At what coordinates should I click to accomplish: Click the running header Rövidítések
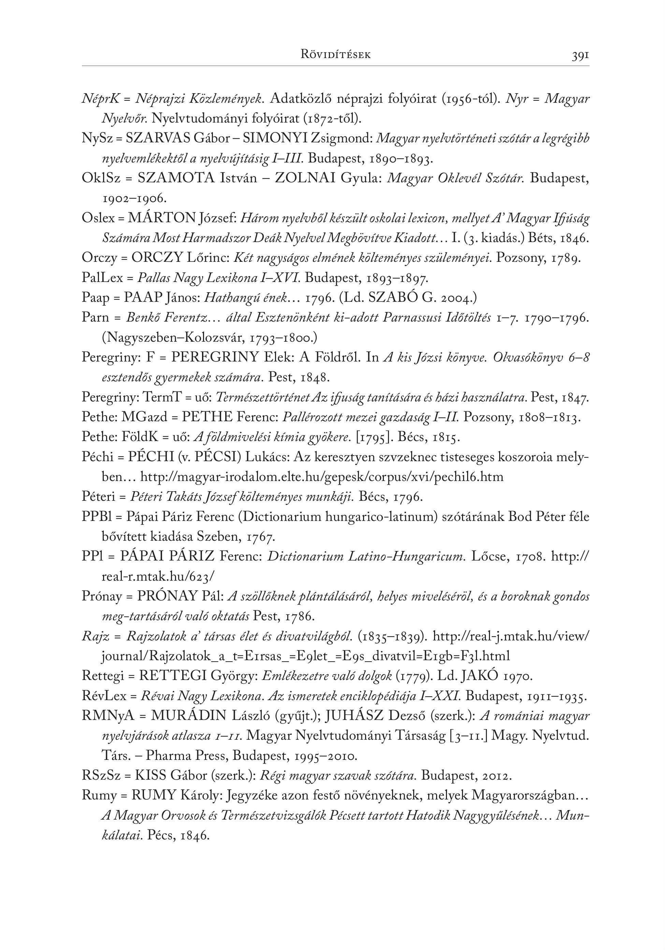pos(335,55)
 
